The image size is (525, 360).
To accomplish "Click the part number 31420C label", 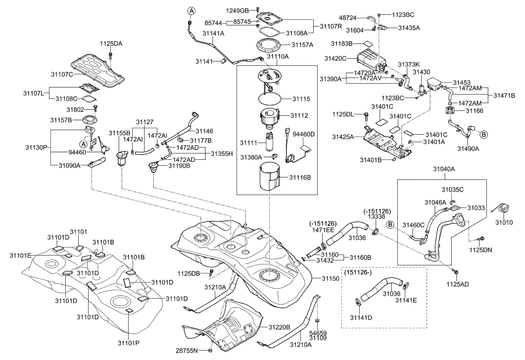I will [335, 58].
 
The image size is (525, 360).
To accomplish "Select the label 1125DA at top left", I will [111, 44].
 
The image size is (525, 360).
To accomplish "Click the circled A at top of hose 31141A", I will [191, 10].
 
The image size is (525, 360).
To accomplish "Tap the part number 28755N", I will [188, 351].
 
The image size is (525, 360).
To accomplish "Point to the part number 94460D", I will [304, 135].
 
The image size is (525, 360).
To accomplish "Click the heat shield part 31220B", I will [228, 327].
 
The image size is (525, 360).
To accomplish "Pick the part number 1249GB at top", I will [239, 10].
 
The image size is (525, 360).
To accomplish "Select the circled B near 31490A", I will [483, 133].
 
